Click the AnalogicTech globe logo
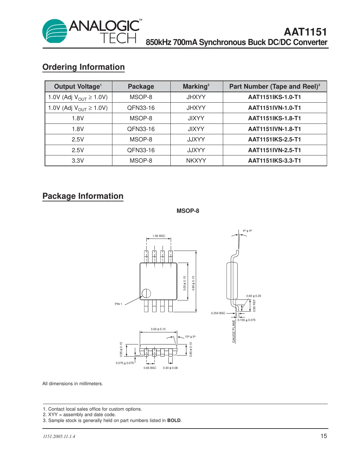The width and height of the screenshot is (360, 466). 55,31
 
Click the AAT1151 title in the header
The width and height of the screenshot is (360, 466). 305,32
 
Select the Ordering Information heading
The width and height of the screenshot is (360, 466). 83,67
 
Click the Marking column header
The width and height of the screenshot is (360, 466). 196,86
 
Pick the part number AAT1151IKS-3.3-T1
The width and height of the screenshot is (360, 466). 274,161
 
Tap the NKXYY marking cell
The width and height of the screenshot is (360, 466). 196,161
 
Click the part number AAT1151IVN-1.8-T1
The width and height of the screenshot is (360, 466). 274,129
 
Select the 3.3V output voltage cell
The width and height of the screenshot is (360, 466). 78,161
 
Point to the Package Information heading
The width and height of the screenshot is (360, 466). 83,196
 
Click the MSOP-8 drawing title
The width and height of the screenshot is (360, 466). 188,211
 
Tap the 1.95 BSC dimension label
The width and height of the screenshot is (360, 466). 159,236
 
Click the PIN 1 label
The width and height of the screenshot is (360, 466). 118,304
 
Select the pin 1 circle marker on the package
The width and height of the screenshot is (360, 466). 146,293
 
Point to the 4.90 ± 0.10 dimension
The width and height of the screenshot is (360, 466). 193,283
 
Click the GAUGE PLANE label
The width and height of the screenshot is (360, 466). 234,331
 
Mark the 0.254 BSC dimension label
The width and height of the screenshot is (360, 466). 218,313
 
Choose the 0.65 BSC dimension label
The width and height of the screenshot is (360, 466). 150,368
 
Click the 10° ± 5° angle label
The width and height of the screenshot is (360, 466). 190,337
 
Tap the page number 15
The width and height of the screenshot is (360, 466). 324,436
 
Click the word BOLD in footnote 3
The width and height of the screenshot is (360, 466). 174,420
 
